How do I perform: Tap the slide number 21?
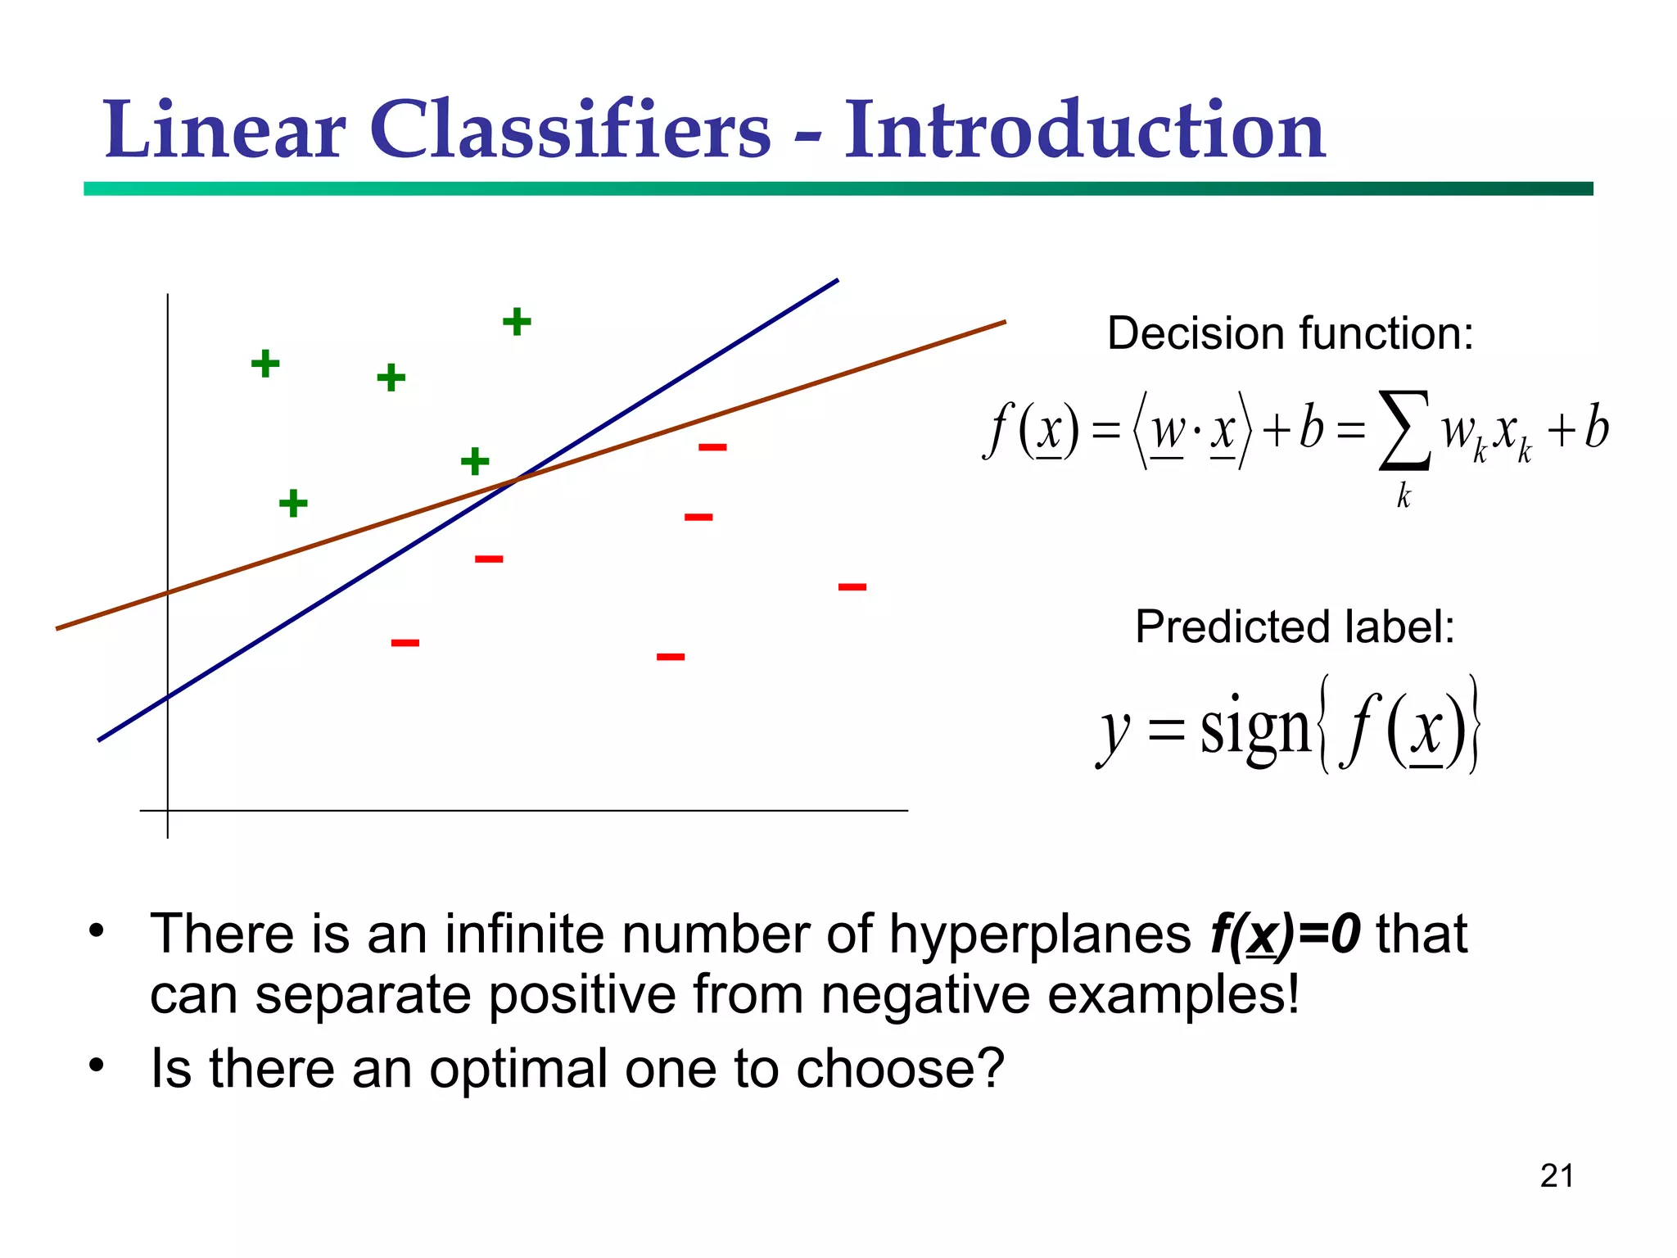click(x=1556, y=1176)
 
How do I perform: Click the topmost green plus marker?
click(x=517, y=321)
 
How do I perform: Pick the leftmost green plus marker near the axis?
click(x=265, y=363)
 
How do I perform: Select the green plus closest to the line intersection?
click(x=475, y=461)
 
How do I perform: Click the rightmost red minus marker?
click(x=852, y=586)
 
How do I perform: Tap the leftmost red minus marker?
click(x=405, y=643)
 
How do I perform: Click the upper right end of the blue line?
click(x=836, y=281)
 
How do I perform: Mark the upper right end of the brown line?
click(x=1003, y=323)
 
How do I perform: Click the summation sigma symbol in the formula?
click(x=1404, y=430)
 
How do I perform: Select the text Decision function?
click(x=1290, y=333)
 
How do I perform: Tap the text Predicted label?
click(x=1295, y=627)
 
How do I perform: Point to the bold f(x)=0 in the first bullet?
click(x=1285, y=934)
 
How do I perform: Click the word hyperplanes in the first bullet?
click(x=1040, y=934)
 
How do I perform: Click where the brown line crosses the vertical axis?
click(x=168, y=592)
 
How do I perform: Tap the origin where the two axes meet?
click(x=168, y=811)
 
